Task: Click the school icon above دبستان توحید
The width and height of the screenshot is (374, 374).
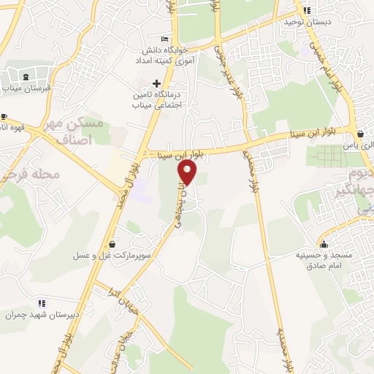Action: (307, 10)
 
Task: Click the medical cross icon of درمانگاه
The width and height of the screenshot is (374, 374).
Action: (156, 83)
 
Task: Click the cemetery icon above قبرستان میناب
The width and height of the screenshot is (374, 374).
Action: (26, 77)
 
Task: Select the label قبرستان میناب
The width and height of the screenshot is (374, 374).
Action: (26, 89)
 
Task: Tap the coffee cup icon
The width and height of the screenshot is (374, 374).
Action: (4, 116)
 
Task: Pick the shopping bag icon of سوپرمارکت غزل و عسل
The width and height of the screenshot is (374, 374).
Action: (112, 244)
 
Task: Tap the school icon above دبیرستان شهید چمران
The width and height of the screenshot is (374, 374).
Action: (42, 302)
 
